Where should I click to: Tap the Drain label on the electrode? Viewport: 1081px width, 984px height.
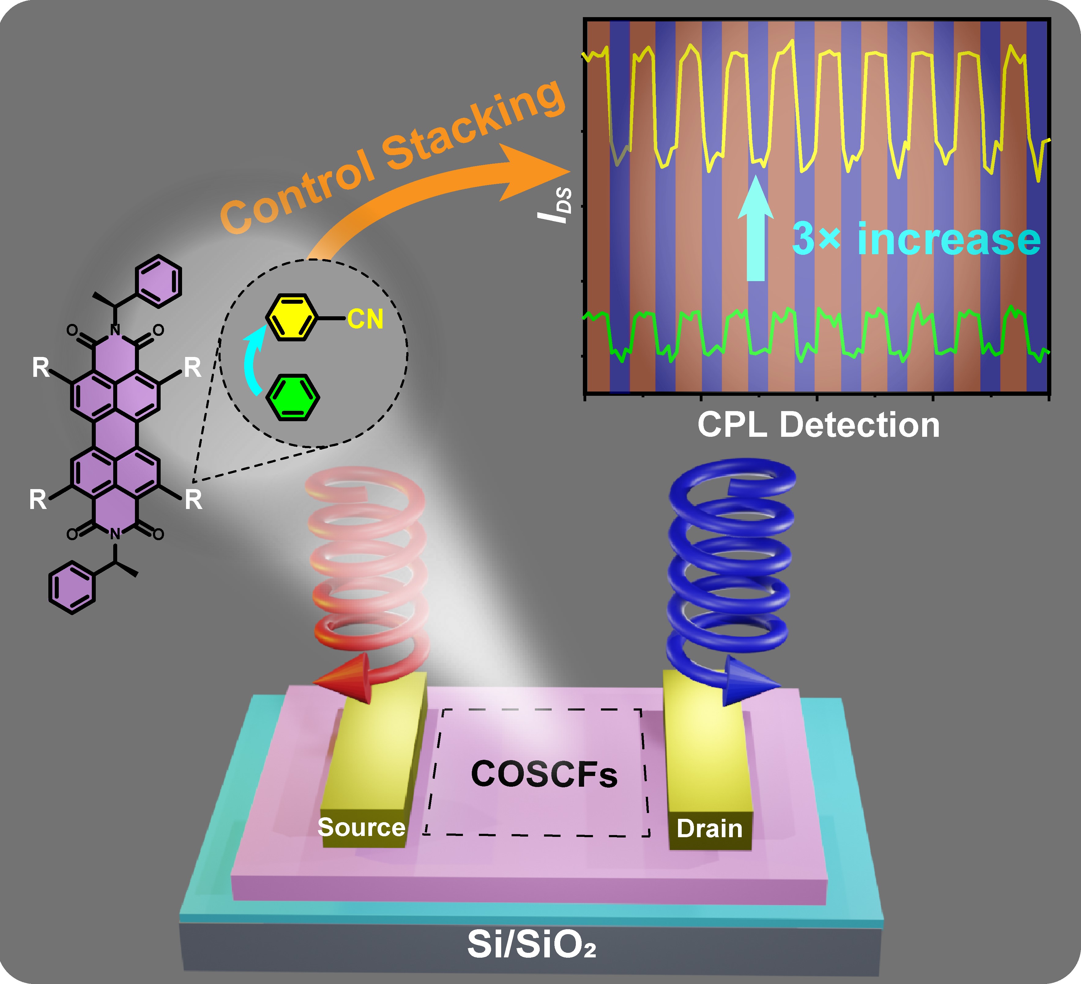710,828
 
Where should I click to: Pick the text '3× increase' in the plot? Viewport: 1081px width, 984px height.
916,239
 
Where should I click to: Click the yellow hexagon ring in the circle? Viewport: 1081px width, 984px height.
292,317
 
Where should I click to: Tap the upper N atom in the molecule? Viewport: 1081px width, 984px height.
115,329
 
